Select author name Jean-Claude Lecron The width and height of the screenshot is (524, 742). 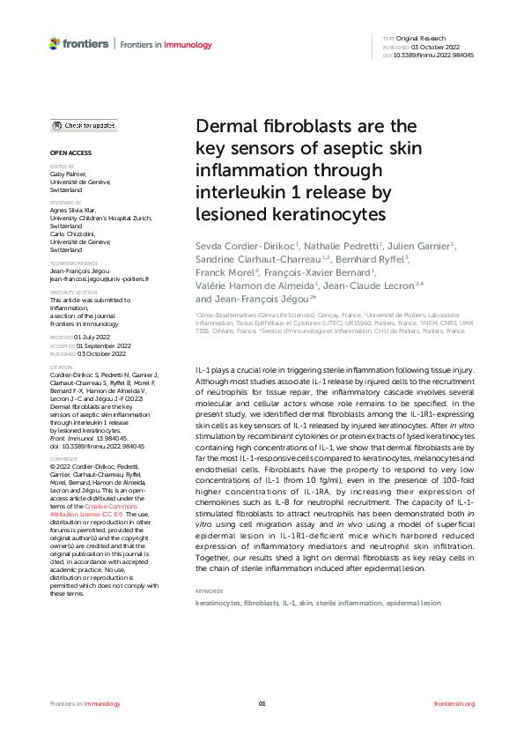coord(368,286)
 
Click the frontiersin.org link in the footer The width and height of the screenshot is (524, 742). coord(454,703)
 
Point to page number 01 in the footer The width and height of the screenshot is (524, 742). coord(262,703)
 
